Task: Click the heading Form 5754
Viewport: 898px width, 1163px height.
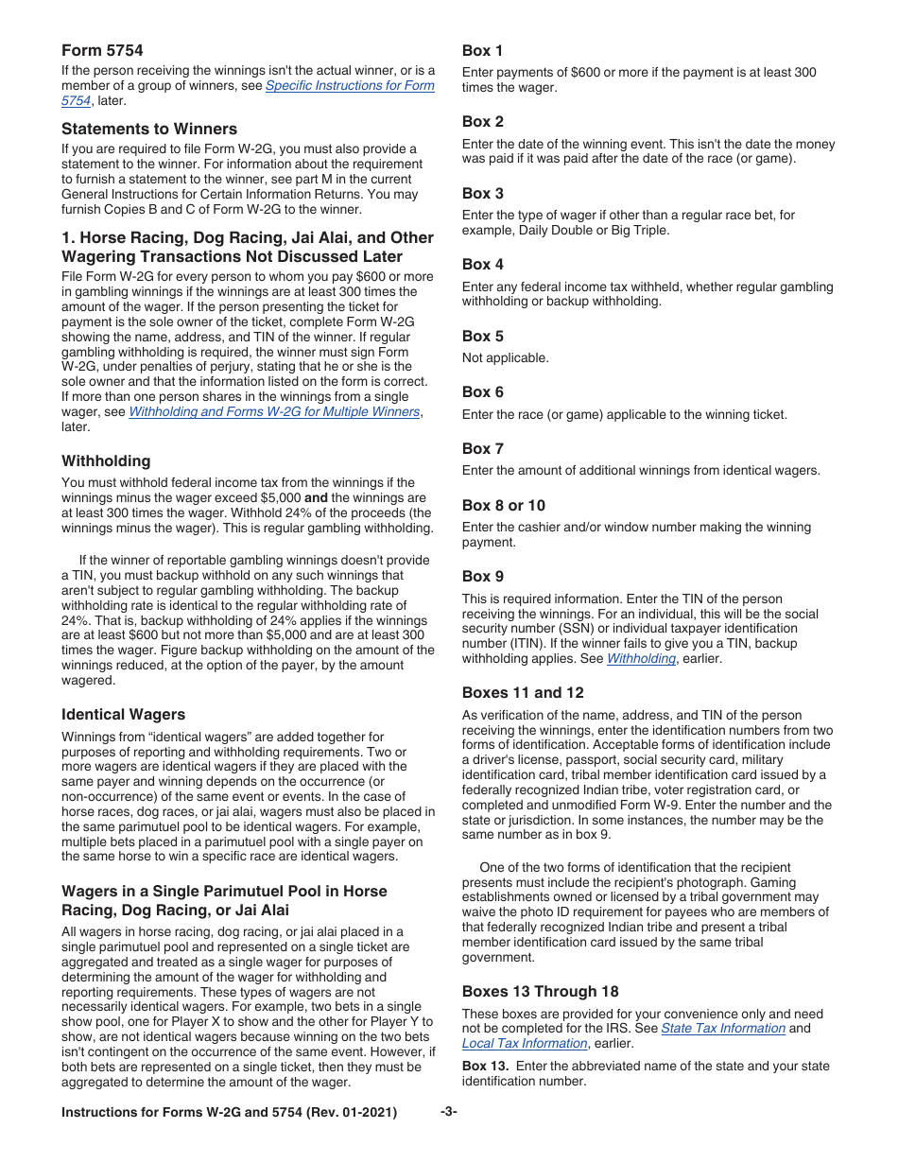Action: (x=102, y=50)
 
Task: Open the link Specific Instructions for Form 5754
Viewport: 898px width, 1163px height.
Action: (x=349, y=86)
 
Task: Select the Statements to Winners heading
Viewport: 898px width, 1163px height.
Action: (x=149, y=129)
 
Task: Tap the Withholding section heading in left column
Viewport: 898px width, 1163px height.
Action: (x=106, y=460)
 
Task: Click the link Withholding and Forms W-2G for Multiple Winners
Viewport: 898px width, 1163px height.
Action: (x=273, y=412)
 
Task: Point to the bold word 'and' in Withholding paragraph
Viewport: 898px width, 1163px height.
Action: (x=316, y=498)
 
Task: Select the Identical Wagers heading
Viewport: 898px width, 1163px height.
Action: (x=123, y=714)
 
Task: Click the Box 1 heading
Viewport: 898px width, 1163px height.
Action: (x=482, y=50)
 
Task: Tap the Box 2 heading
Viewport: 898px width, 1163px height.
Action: (x=482, y=121)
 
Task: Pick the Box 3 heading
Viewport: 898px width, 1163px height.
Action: (x=482, y=193)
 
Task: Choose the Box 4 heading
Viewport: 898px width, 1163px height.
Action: (x=482, y=264)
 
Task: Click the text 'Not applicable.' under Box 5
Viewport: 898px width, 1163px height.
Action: (x=505, y=358)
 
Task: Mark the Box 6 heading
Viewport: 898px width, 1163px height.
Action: (x=482, y=391)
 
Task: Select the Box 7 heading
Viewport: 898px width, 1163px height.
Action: (x=482, y=448)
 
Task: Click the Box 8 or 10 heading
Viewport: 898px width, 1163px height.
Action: (x=503, y=505)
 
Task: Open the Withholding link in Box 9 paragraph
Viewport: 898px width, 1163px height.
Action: (x=641, y=659)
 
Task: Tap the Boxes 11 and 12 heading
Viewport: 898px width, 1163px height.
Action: (x=522, y=692)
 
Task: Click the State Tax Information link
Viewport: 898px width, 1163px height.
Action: (x=722, y=1029)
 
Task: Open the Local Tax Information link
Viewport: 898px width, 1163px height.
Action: (x=524, y=1044)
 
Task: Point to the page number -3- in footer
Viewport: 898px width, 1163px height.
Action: (x=448, y=1113)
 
